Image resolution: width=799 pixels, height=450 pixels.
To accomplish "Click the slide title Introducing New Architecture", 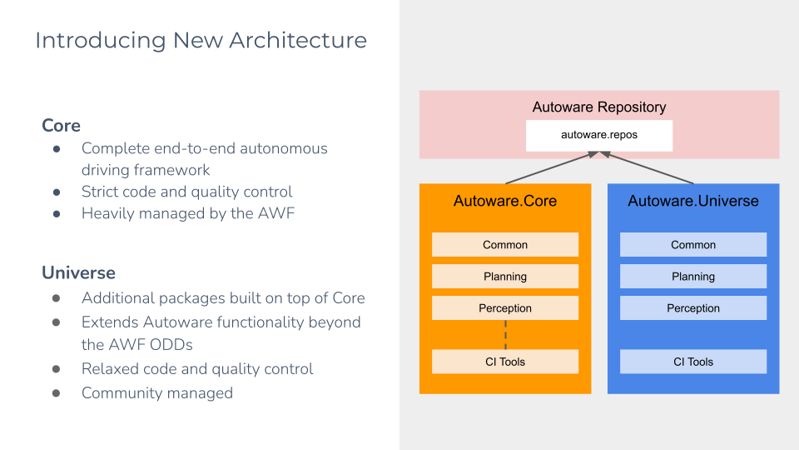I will coord(201,40).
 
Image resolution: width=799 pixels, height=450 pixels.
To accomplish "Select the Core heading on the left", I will coord(61,125).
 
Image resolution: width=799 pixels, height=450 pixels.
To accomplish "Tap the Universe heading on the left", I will coord(78,272).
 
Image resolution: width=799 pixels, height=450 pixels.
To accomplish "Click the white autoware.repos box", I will coord(598,135).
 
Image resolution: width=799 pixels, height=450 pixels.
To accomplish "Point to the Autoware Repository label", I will coord(598,107).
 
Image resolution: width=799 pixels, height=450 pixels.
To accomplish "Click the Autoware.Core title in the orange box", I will coord(504,201).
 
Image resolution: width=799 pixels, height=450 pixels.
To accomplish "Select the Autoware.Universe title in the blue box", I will coord(692,201).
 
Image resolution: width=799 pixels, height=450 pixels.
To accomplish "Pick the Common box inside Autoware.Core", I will coord(504,245).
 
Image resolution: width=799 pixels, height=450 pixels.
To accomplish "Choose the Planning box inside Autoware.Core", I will coord(504,277).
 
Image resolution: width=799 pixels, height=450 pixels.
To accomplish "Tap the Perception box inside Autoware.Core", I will coord(504,308).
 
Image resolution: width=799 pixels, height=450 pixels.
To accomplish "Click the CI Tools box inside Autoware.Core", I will coord(504,362).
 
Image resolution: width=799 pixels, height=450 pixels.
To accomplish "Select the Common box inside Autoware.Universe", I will coord(692,245).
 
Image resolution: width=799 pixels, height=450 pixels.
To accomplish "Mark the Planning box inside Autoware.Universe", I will coord(692,277).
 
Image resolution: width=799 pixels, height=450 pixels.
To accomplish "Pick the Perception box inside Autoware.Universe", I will coord(692,308).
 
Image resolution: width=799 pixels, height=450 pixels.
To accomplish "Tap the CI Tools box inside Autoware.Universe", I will coord(692,362).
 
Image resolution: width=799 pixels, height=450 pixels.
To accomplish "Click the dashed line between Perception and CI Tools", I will coord(505,335).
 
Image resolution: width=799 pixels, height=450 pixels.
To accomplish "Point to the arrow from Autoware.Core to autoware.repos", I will coord(549,168).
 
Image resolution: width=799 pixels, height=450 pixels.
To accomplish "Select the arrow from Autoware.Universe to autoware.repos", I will coord(648,168).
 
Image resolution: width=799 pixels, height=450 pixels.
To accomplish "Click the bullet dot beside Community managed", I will coord(57,393).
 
